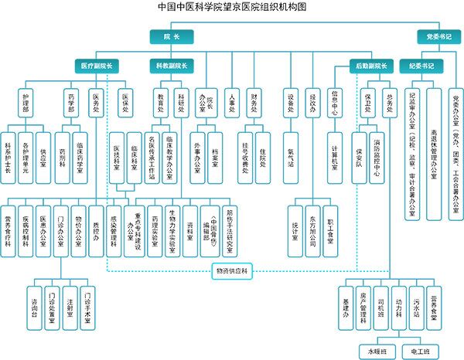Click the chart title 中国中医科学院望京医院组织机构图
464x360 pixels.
[232, 7]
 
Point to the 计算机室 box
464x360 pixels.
[335, 158]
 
